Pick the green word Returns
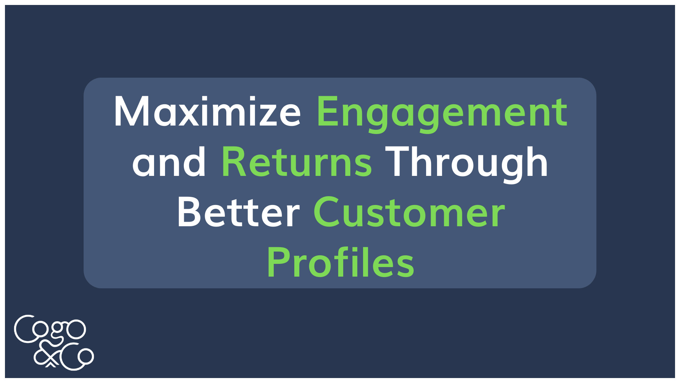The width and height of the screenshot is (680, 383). point(297,162)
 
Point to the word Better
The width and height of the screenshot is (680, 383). point(238,212)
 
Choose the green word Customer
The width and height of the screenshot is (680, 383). point(409,212)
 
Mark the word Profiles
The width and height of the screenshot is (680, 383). point(340,261)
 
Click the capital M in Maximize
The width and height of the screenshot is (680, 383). point(130,111)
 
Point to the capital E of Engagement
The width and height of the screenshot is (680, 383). point(328,111)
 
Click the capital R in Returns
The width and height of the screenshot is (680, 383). point(234,161)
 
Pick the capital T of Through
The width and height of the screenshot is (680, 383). point(398,161)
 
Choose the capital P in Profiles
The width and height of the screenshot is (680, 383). point(279,261)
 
